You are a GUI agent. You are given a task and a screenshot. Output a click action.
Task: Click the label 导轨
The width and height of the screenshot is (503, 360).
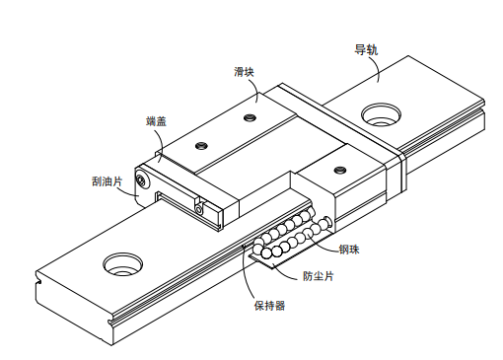pos(367,48)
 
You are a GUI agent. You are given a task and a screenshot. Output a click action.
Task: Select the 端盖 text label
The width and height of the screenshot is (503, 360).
pos(156,121)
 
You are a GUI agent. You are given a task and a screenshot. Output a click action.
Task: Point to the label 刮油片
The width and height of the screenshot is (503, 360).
pos(107,181)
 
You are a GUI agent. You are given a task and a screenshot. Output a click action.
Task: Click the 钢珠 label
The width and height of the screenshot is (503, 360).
pos(350,249)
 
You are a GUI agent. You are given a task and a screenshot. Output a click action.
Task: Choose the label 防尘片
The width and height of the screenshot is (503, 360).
pos(317,276)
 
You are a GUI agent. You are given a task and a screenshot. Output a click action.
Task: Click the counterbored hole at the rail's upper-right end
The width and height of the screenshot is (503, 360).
pos(381,115)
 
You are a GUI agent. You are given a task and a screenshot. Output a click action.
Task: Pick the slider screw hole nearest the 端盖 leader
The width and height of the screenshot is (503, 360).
pos(202,145)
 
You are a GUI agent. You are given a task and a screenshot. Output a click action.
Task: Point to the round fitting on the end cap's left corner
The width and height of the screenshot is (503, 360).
pos(144,180)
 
